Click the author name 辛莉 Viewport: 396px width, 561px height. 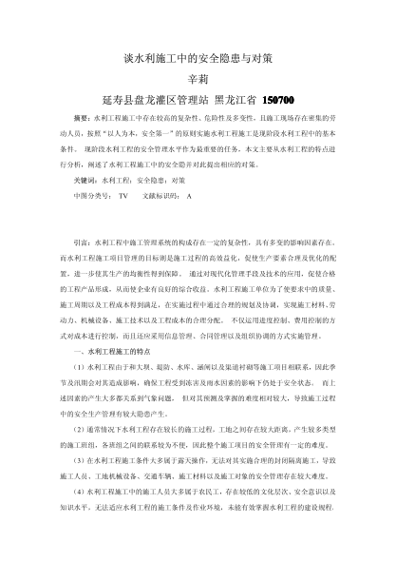pos(198,80)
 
